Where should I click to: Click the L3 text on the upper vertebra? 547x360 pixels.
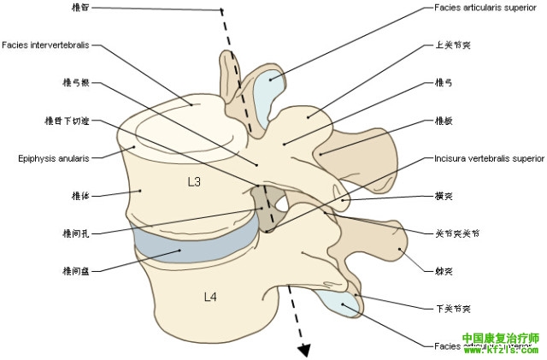point(194,182)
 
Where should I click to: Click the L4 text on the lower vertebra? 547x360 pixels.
point(210,297)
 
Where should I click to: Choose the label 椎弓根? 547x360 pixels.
point(72,83)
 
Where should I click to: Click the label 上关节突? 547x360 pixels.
point(448,45)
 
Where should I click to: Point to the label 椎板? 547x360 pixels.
point(444,121)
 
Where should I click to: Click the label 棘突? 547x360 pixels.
point(444,271)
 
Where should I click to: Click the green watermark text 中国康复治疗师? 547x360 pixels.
point(501,338)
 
